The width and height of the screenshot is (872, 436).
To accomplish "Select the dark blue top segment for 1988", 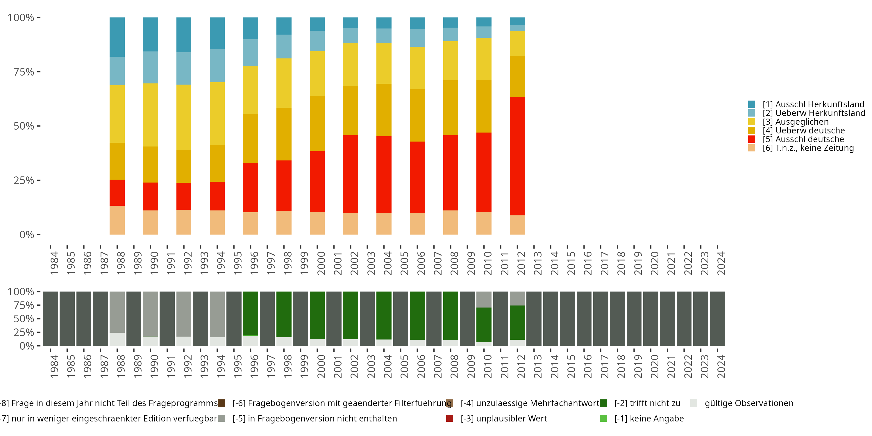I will [x=117, y=37].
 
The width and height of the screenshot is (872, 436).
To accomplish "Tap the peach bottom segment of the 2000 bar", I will [x=317, y=223].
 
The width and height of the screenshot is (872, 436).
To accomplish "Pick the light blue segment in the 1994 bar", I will [x=217, y=66].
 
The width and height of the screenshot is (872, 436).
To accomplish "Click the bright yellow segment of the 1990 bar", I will [x=150, y=115].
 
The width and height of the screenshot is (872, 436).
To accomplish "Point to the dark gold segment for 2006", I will [x=417, y=115].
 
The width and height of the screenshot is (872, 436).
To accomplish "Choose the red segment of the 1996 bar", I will [x=250, y=187].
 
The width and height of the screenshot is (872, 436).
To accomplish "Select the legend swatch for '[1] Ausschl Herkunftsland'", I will [x=751, y=104].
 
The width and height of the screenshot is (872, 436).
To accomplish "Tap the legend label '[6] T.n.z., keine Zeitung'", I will [x=808, y=148].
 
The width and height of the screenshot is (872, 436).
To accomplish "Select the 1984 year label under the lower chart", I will [x=54, y=366].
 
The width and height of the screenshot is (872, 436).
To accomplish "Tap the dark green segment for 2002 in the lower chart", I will [x=350, y=315].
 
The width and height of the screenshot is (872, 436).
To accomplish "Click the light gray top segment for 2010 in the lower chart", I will [x=484, y=299].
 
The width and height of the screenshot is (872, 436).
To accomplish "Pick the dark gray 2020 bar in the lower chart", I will [x=650, y=319].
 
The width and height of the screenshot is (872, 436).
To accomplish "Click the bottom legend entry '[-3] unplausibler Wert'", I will [x=503, y=418].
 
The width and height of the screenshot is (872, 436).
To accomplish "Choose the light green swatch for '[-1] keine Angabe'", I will [x=603, y=418].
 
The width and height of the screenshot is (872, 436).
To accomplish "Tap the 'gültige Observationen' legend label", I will [x=749, y=403].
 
